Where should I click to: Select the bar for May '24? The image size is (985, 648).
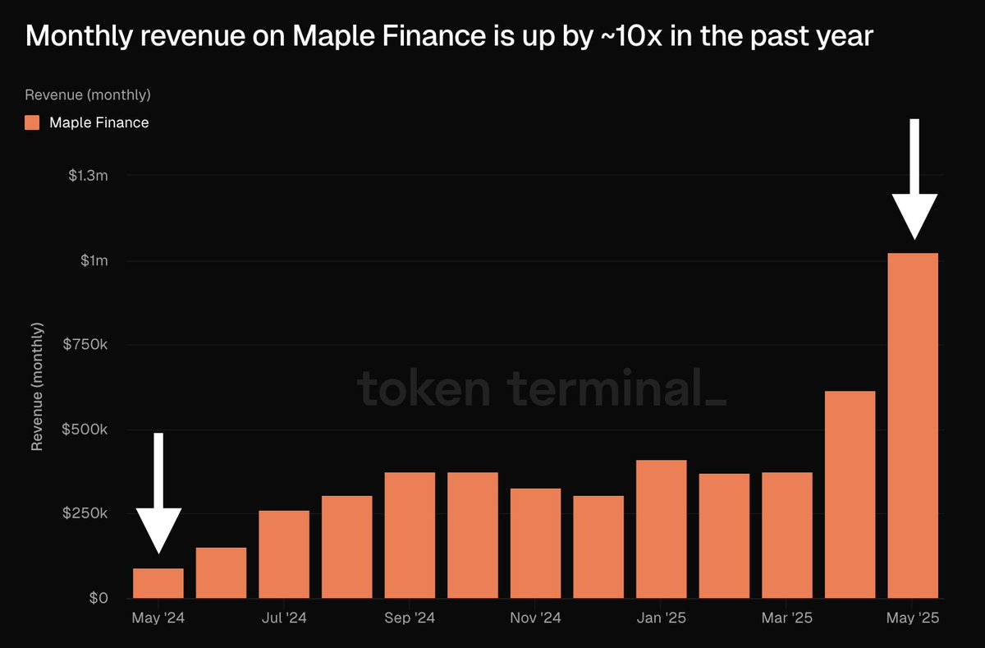(158, 583)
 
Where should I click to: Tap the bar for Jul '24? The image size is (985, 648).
(284, 554)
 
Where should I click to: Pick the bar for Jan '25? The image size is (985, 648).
(662, 529)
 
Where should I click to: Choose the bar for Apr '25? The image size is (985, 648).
(850, 494)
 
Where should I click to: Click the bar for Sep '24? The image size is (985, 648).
(410, 535)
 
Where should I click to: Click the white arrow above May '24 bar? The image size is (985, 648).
(158, 493)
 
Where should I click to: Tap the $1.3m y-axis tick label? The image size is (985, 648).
(89, 176)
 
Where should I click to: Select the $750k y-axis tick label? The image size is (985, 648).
(85, 345)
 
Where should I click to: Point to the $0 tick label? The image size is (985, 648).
(98, 599)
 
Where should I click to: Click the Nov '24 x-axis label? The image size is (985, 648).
(535, 618)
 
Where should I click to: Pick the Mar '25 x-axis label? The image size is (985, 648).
(787, 618)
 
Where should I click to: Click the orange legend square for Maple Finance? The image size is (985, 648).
(32, 122)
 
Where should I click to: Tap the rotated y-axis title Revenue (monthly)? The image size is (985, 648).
(37, 386)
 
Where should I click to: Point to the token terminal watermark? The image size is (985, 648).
(542, 389)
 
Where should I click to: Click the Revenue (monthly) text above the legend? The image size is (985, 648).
(88, 94)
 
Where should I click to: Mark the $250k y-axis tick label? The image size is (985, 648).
(85, 514)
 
